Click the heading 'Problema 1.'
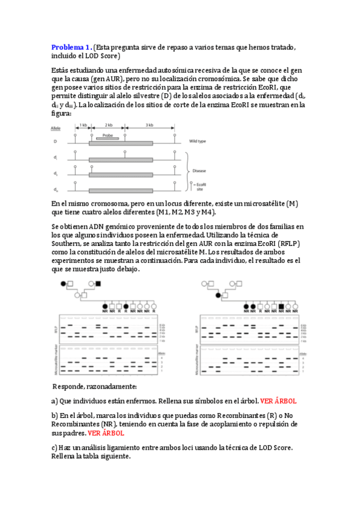[x=72, y=47]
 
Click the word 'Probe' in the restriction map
[x=108, y=135]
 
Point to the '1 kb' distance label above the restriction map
[x=82, y=124]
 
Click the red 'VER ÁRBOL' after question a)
[x=278, y=401]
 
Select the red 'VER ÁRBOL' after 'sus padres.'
[x=106, y=432]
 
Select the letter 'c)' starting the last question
[x=55, y=447]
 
